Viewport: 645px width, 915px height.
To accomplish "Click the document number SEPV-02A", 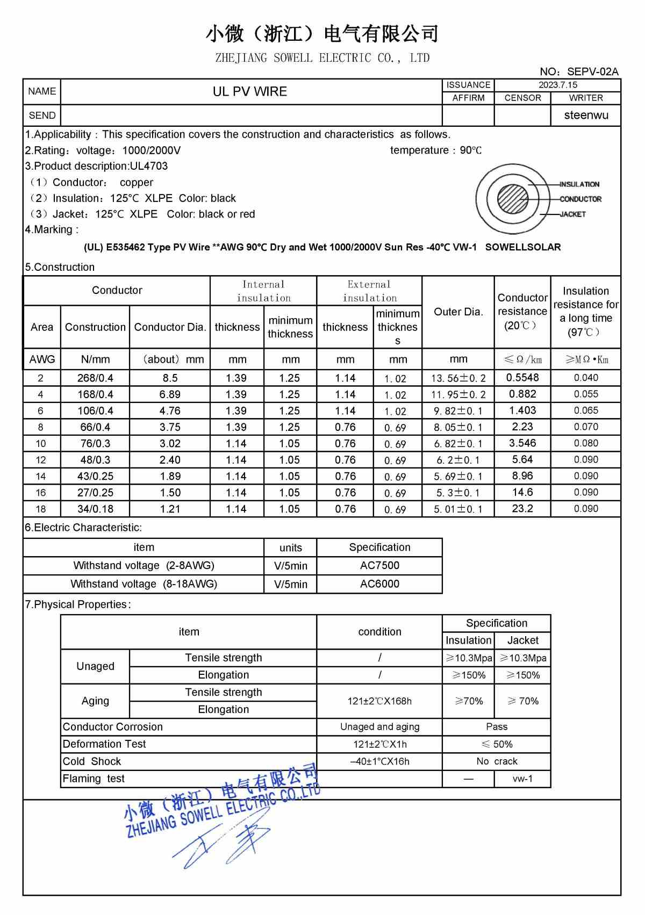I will [592, 71].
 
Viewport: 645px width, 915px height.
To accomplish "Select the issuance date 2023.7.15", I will [557, 85].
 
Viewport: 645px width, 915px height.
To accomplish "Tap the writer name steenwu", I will [586, 115].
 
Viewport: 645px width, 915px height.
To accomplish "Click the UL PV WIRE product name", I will [250, 91].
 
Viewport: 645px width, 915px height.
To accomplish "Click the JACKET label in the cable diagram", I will [572, 214].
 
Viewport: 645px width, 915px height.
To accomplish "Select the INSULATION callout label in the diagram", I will [579, 184].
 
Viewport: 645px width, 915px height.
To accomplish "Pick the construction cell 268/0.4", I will [95, 378].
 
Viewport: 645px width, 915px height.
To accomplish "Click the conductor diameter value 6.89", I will [170, 394].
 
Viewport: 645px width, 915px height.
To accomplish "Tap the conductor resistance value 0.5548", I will [522, 378].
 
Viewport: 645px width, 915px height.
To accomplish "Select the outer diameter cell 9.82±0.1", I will [458, 411].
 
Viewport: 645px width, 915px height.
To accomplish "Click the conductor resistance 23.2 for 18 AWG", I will [522, 509].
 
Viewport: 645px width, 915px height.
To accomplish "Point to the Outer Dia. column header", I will [458, 312].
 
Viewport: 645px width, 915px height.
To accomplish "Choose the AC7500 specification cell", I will [379, 565].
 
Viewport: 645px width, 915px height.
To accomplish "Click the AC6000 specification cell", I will [379, 583].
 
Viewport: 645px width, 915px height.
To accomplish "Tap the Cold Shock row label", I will [92, 761].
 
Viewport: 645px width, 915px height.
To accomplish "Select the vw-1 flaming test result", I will [522, 779].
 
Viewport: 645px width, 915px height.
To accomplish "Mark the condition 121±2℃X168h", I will [379, 701].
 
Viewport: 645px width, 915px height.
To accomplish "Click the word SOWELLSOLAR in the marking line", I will [522, 247].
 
